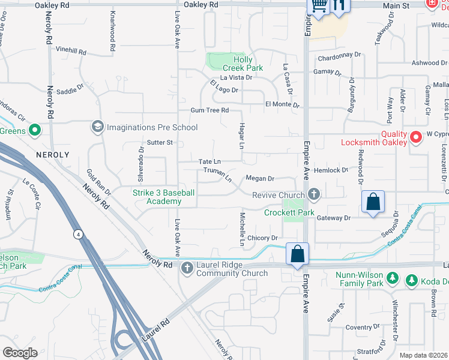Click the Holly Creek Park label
243,64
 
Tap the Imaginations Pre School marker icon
97,127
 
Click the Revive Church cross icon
313,194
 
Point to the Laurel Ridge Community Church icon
187,267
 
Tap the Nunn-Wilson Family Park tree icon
392,278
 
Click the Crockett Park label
289,212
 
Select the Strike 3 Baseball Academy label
163,197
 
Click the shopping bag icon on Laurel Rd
298,253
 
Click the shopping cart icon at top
318,6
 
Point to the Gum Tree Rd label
209,110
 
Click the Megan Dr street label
260,178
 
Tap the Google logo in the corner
20,353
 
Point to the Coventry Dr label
359,327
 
